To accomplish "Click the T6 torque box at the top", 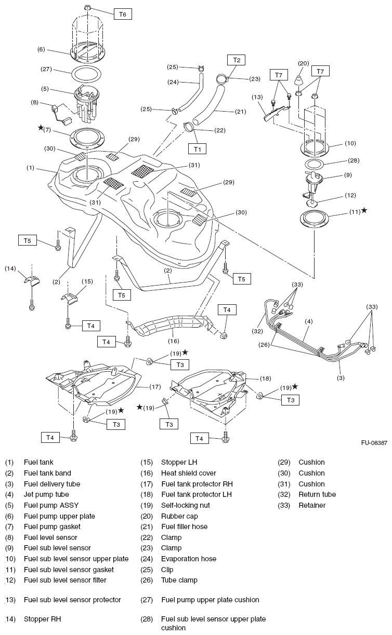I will (122, 15).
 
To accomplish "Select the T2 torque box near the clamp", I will (237, 60).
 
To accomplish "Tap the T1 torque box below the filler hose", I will (198, 149).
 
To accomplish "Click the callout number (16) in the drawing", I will (173, 341).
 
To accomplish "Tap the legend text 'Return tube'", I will (317, 494).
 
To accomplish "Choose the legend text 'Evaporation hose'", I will (189, 559).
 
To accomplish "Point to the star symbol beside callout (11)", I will (364, 210).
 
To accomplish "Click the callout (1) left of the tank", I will (31, 168).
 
